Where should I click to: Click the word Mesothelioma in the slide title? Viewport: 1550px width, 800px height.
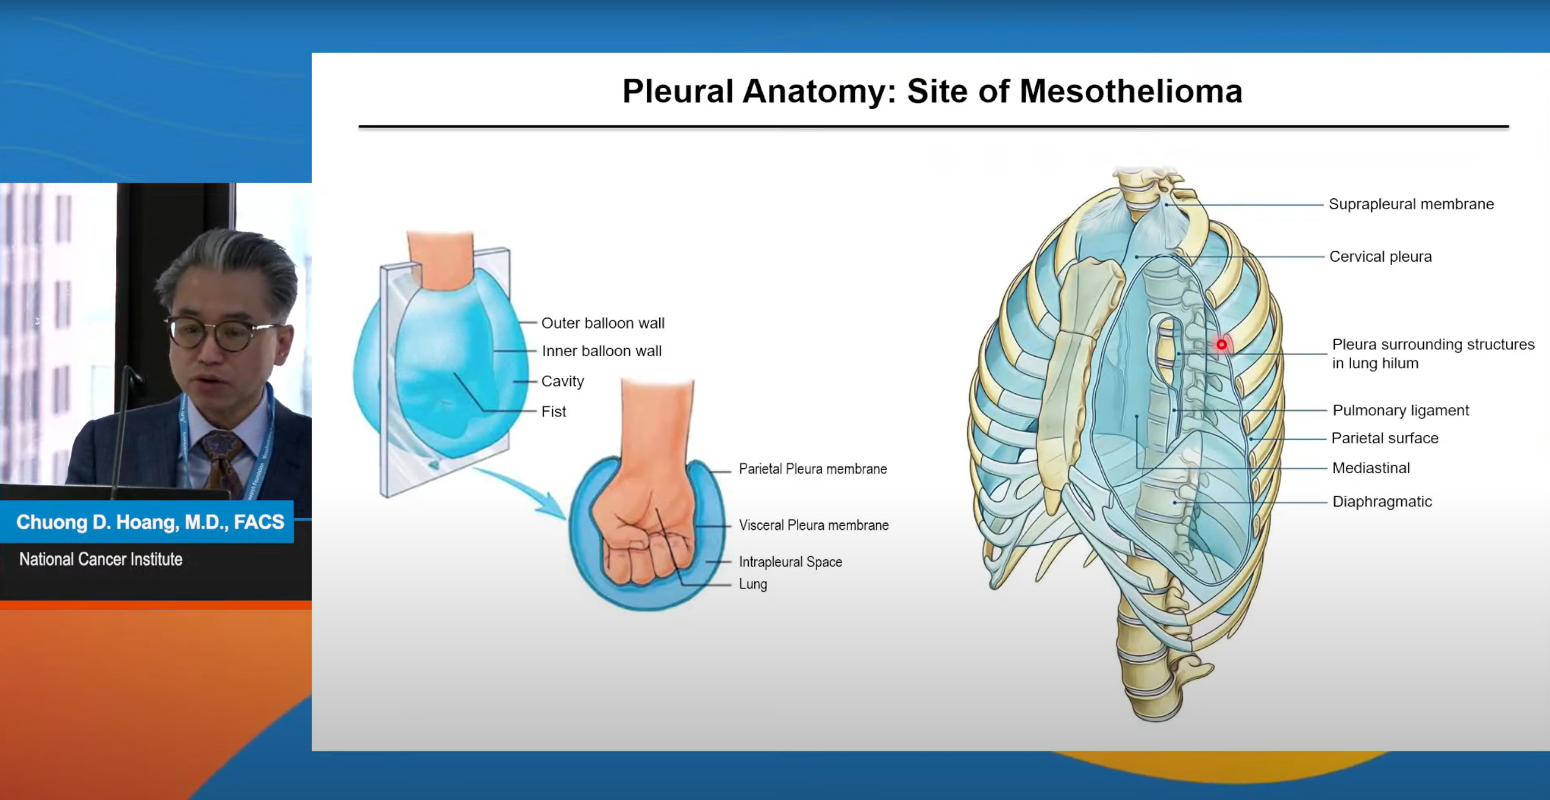coord(1130,91)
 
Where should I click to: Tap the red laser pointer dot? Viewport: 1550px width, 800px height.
coord(1221,345)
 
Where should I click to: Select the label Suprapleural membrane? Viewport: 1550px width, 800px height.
coord(1411,204)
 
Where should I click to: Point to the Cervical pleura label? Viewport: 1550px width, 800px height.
coord(1380,257)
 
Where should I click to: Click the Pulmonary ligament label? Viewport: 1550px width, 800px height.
coord(1401,410)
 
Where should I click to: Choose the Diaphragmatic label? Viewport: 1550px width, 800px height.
coord(1382,502)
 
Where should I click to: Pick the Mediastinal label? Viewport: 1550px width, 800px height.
coord(1371,468)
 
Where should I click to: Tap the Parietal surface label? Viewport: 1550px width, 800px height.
coord(1385,438)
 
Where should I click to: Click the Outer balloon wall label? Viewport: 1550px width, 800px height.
coord(603,323)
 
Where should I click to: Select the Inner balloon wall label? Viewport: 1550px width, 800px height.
coord(602,351)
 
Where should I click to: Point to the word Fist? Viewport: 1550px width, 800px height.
coord(554,412)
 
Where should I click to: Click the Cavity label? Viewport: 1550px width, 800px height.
coord(563,381)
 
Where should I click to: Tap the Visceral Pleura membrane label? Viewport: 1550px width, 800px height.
coord(813,525)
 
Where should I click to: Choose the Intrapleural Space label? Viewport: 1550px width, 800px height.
coord(790,562)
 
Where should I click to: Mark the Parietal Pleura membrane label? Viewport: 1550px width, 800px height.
coord(813,469)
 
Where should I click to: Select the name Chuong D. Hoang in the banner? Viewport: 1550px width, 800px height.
coord(98,522)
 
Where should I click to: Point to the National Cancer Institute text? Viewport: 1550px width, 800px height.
coord(101,559)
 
